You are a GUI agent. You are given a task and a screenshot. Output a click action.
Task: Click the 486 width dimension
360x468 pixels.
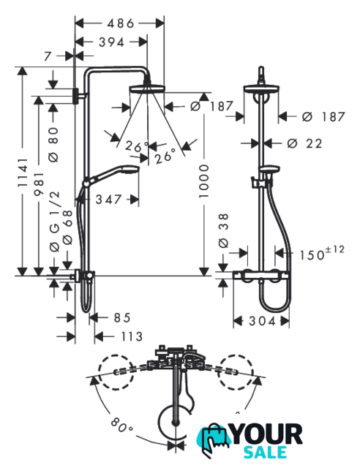coord(121,23)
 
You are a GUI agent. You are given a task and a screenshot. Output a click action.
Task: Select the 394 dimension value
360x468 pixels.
coord(111,42)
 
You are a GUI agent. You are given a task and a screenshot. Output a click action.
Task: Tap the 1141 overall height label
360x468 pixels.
coord(23,173)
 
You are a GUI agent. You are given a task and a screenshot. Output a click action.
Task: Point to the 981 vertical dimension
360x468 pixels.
coord(39,184)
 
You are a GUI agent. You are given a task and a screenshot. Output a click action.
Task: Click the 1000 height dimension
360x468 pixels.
coord(203,181)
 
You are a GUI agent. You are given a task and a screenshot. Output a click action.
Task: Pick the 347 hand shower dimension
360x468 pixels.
coord(108,200)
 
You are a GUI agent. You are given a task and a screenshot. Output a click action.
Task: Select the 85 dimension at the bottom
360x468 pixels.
coord(122,317)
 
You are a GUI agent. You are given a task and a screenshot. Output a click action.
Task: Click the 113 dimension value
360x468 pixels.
coord(132,336)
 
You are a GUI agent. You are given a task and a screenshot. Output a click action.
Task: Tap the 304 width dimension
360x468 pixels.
coord(262,321)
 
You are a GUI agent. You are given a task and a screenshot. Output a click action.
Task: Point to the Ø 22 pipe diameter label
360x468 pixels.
coord(304,143)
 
